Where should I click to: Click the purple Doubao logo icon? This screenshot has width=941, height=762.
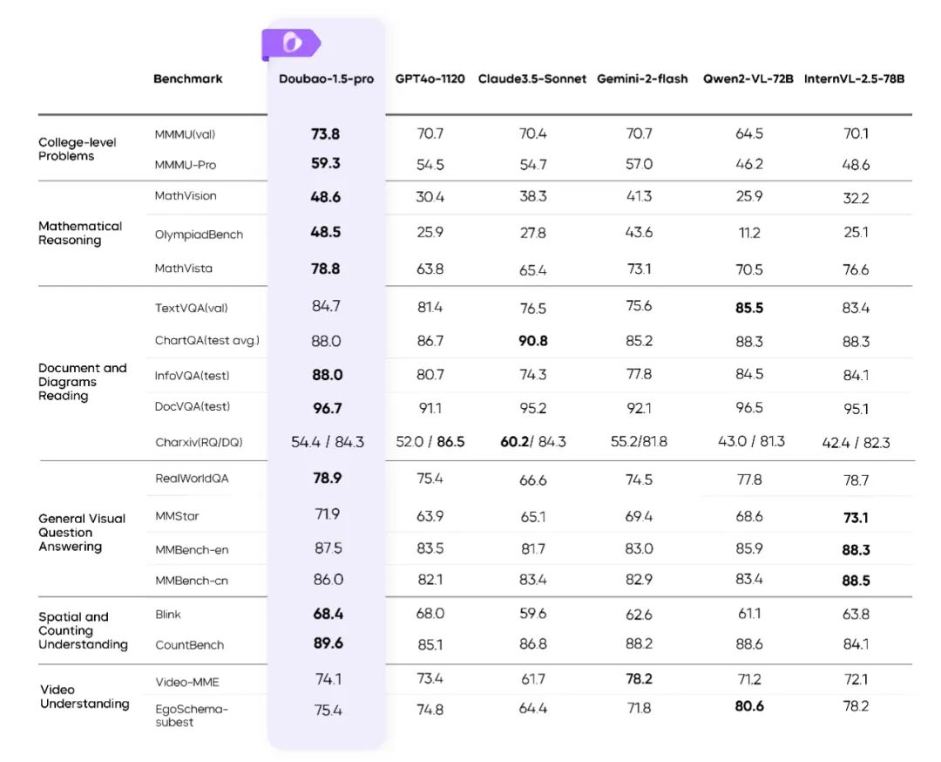(x=291, y=42)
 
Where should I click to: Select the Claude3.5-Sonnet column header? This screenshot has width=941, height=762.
(x=531, y=78)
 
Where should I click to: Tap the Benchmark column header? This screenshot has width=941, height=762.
(x=187, y=78)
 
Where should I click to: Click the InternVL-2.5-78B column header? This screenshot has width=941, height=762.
(x=854, y=78)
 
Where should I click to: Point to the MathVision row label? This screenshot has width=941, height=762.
(x=186, y=196)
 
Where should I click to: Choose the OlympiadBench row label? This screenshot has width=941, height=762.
(x=199, y=235)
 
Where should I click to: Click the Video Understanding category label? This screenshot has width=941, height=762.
(x=85, y=697)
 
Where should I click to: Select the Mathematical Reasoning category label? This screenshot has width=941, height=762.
(x=80, y=233)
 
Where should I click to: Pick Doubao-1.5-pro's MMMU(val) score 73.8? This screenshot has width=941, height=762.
(x=325, y=134)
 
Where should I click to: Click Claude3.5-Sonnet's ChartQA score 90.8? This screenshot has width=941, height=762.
(x=532, y=341)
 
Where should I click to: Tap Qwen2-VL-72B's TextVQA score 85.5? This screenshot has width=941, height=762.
(x=749, y=308)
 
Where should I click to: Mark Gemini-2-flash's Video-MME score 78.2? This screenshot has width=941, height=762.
(x=638, y=679)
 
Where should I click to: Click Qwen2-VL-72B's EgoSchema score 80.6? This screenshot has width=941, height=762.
(x=749, y=706)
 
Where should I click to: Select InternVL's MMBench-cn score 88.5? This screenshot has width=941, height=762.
(x=856, y=581)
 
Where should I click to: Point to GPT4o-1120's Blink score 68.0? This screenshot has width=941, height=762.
(x=430, y=614)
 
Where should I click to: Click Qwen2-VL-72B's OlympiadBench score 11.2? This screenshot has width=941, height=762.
(x=749, y=234)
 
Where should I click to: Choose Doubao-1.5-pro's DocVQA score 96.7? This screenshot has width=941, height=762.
(x=326, y=408)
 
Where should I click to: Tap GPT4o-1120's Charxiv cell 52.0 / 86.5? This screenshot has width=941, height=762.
(x=430, y=442)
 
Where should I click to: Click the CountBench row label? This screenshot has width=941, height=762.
(x=189, y=645)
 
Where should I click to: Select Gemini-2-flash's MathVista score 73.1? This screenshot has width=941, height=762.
(x=639, y=269)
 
